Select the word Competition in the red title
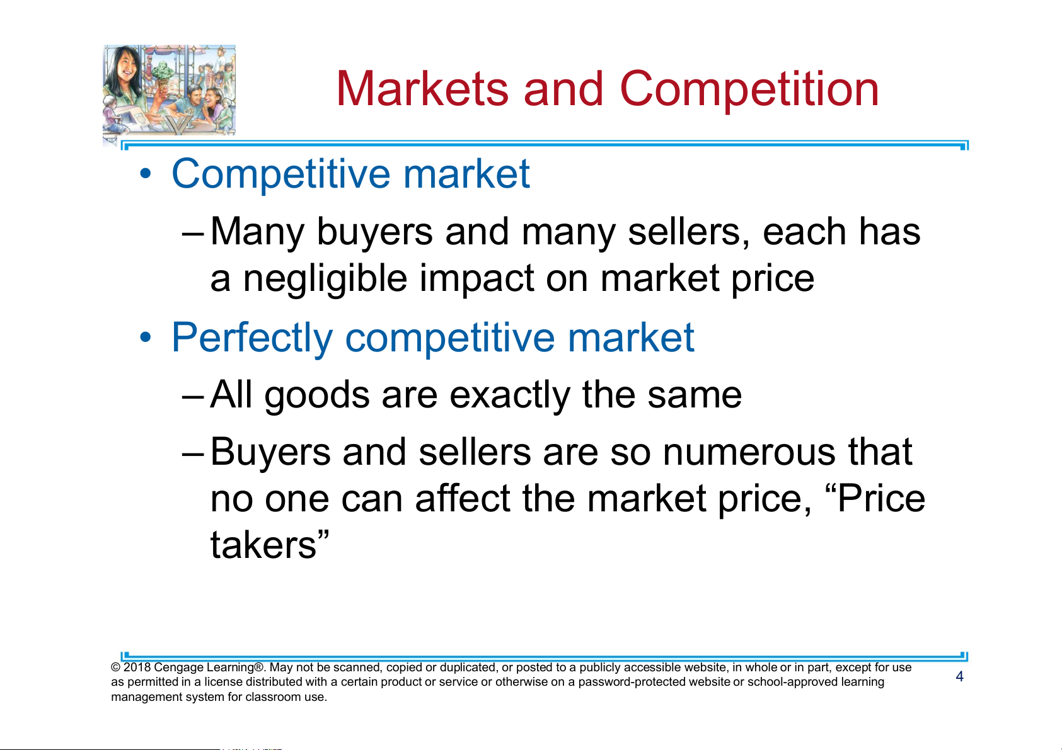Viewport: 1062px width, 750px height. [749, 89]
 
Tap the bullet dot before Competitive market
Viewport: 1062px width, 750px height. [146, 174]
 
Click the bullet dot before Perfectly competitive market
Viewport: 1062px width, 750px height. [146, 338]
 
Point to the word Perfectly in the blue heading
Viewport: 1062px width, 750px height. [251, 338]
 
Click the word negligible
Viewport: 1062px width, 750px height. [325, 278]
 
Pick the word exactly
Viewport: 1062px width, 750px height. [510, 395]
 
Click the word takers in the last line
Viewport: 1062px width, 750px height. [263, 545]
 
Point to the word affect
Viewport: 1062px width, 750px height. [462, 498]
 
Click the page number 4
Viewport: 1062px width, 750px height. [959, 676]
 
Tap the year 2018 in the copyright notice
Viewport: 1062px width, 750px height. [137, 667]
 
